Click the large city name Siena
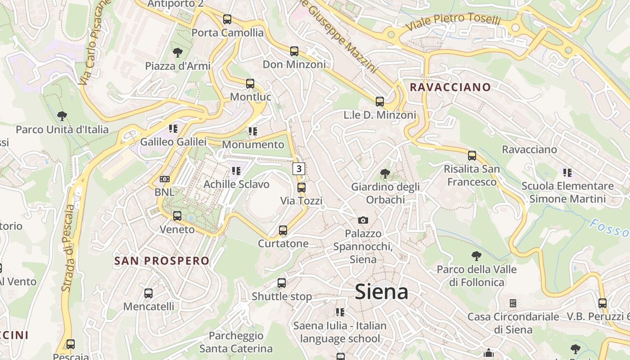(382, 292)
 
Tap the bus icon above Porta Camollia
(227, 19)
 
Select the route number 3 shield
(299, 169)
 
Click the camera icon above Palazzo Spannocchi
(363, 220)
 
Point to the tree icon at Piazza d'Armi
(178, 52)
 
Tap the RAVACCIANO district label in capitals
(450, 87)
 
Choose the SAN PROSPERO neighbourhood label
(162, 261)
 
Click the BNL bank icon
(164, 179)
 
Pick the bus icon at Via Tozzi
(301, 187)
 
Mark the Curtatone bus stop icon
(283, 230)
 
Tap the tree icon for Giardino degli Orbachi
(385, 173)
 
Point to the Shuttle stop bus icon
(282, 283)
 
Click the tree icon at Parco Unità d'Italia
(62, 116)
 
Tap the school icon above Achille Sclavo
(236, 171)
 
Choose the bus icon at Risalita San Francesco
(472, 156)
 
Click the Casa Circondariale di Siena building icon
(513, 303)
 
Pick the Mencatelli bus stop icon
(148, 293)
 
